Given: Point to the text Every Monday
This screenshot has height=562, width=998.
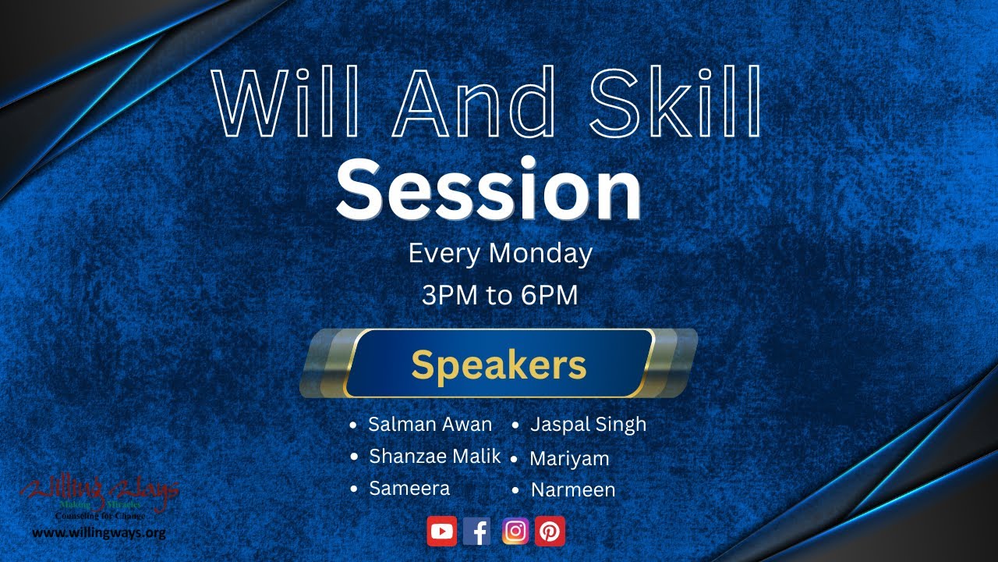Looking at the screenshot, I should pyautogui.click(x=500, y=254).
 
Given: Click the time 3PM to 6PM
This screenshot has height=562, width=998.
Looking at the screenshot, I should pyautogui.click(x=500, y=296).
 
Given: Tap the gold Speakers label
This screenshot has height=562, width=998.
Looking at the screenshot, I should pyautogui.click(x=499, y=364).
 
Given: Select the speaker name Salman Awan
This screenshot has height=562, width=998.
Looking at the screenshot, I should pyautogui.click(x=430, y=425).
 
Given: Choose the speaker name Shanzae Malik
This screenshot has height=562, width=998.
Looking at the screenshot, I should pyautogui.click(x=434, y=457).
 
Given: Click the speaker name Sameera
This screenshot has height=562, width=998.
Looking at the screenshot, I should pyautogui.click(x=409, y=489).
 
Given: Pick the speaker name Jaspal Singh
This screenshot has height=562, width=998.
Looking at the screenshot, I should pyautogui.click(x=588, y=425).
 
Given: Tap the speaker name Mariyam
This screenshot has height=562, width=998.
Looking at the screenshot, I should pyautogui.click(x=569, y=459).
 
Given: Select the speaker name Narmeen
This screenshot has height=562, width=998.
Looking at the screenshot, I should pyautogui.click(x=573, y=490).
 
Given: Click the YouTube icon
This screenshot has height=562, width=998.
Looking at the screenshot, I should pyautogui.click(x=441, y=532).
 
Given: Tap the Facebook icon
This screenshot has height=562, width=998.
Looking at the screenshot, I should pyautogui.click(x=477, y=532).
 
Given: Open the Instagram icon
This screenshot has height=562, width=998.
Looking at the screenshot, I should pyautogui.click(x=515, y=532).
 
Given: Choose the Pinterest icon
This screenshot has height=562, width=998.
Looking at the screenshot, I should pyautogui.click(x=550, y=532).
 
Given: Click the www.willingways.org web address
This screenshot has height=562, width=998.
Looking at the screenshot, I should pyautogui.click(x=98, y=534).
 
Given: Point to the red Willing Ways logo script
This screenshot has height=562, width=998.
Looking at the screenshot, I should pyautogui.click(x=99, y=493).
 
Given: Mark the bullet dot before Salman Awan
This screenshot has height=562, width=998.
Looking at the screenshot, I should pyautogui.click(x=353, y=425).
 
